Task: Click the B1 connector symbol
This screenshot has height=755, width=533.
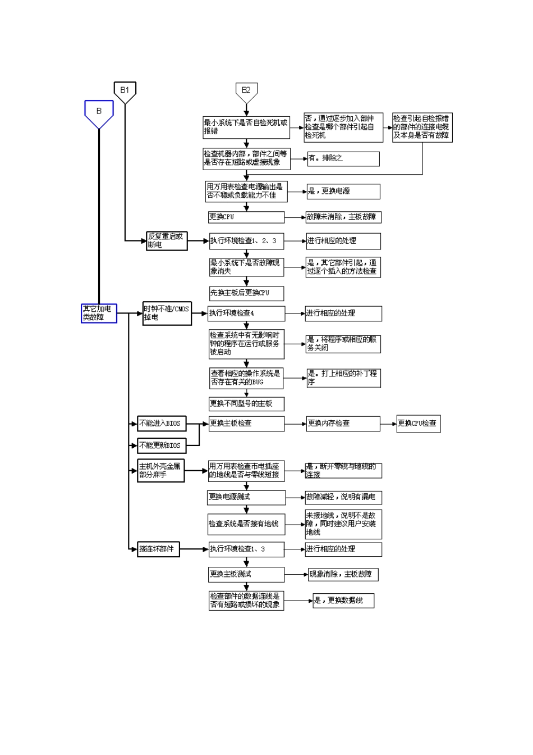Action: click(125, 91)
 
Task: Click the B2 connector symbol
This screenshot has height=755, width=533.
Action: click(246, 91)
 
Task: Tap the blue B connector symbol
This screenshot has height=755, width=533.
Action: click(99, 112)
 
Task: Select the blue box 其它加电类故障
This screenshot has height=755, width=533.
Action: click(99, 313)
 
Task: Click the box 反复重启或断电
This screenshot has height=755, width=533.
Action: click(167, 240)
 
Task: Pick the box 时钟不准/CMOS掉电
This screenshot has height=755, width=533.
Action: click(167, 313)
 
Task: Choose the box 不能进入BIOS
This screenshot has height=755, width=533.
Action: click(162, 424)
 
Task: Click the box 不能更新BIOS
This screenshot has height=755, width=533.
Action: click(162, 445)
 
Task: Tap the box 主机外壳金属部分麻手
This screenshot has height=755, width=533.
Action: click(160, 471)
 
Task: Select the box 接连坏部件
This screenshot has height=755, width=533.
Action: click(158, 549)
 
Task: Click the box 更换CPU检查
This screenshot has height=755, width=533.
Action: click(418, 424)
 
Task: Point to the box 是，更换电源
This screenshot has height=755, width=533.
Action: click(343, 191)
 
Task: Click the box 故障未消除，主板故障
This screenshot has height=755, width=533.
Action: click(343, 217)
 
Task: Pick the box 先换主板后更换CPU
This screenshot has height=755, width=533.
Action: click(246, 293)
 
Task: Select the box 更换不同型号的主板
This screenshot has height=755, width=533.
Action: click(246, 403)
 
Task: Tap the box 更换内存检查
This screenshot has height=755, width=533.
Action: click(343, 424)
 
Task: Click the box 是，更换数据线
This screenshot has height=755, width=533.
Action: click(343, 601)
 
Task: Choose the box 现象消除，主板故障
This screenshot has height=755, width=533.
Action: click(343, 574)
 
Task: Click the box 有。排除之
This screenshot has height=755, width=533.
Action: click(343, 158)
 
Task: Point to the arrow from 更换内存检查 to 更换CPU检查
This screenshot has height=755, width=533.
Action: click(388, 424)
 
